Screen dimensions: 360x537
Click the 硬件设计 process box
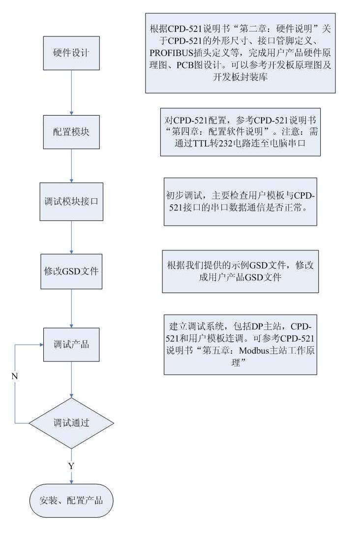coord(71,53)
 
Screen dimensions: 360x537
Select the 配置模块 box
coord(71,132)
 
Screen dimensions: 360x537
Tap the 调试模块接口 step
coord(71,202)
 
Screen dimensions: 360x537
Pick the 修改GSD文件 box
coord(71,271)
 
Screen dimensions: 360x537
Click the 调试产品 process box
coord(71,345)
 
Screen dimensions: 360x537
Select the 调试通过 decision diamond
coord(71,423)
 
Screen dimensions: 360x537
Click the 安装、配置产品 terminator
coord(71,500)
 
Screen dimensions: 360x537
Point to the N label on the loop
coord(14,376)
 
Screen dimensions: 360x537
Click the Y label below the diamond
coord(71,466)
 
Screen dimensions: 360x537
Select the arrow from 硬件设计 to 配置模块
coord(71,92)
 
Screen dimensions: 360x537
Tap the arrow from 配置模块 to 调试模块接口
coord(71,166)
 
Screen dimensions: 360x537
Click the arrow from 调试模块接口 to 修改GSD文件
coord(71,238)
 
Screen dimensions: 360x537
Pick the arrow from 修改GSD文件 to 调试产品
coord(71,308)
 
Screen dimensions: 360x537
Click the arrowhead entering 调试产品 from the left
coord(41,345)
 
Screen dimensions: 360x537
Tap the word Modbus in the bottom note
coord(254,350)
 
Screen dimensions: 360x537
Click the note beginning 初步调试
coord(240,202)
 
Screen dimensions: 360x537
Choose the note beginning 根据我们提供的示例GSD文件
coord(240,271)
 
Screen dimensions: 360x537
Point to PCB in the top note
coord(185,65)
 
